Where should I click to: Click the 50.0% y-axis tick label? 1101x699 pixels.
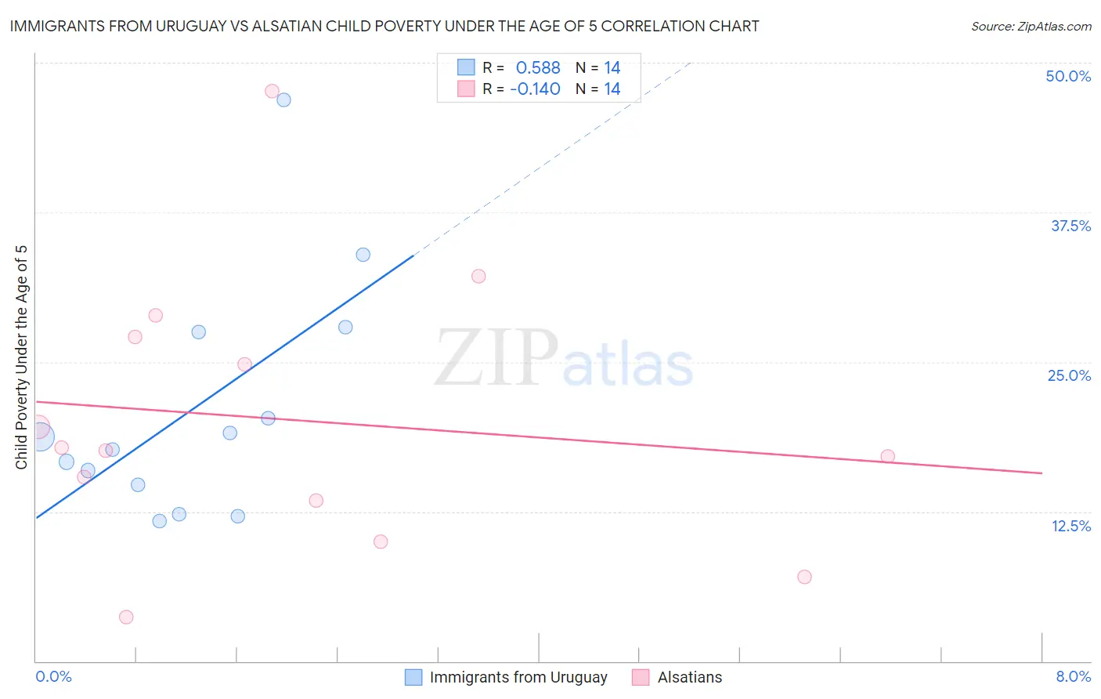[x=1068, y=76]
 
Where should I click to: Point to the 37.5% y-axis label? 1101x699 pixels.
[x=1070, y=226]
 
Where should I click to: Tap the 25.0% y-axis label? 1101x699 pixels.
[x=1069, y=375]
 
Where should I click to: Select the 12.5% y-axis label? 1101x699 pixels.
[x=1070, y=526]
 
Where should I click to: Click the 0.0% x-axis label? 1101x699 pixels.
[x=53, y=676]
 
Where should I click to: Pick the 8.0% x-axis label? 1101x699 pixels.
[x=1073, y=676]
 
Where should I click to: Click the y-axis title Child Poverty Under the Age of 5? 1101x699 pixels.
[x=21, y=357]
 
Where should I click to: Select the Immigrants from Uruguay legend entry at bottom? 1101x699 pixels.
[x=518, y=677]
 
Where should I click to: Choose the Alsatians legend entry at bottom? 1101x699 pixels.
[x=689, y=677]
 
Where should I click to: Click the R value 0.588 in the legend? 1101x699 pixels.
[x=538, y=68]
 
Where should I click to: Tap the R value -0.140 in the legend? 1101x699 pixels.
[x=535, y=89]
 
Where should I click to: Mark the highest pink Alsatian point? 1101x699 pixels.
[x=272, y=91]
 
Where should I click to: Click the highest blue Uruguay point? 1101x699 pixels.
[x=284, y=100]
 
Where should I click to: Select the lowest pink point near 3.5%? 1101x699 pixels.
[x=126, y=617]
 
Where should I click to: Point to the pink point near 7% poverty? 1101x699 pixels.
[x=804, y=577]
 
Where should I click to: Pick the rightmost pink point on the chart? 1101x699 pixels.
[x=887, y=456]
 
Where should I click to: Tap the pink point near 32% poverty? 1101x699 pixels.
[x=478, y=276]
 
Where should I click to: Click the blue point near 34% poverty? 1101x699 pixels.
[x=363, y=255]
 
